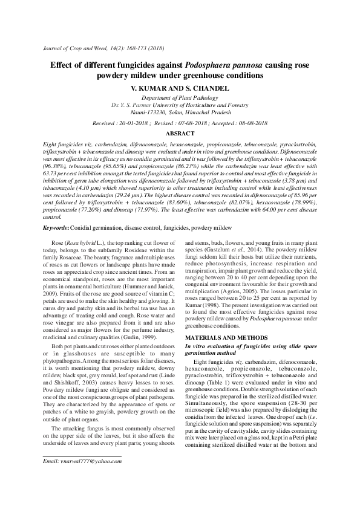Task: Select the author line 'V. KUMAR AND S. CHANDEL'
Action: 180,88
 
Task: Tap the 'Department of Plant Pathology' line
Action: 180,97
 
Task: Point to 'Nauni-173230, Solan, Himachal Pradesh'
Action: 180,112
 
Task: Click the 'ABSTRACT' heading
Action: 180,133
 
